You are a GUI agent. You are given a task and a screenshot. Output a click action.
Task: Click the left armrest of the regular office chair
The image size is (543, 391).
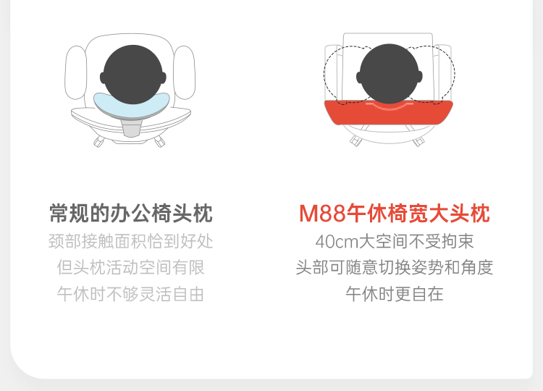(x=76, y=72)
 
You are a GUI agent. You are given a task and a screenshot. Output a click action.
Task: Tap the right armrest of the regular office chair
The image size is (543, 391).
(x=185, y=72)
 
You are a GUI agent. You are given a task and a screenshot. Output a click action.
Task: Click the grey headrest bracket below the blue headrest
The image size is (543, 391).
(x=132, y=127)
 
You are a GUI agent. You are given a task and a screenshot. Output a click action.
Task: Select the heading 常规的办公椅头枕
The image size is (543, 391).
(x=131, y=214)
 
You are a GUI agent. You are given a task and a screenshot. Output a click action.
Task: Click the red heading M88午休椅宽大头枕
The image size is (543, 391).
(x=395, y=214)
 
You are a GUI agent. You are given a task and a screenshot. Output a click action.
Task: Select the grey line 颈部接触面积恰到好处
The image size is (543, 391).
(x=131, y=241)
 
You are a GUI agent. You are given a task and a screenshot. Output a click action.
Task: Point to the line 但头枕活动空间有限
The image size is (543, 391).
(x=131, y=267)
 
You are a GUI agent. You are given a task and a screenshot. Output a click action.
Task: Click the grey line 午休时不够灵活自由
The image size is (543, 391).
(x=131, y=294)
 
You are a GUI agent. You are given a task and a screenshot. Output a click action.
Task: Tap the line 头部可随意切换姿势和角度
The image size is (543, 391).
(x=395, y=267)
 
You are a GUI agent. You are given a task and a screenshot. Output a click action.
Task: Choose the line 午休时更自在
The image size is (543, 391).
(x=395, y=294)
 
